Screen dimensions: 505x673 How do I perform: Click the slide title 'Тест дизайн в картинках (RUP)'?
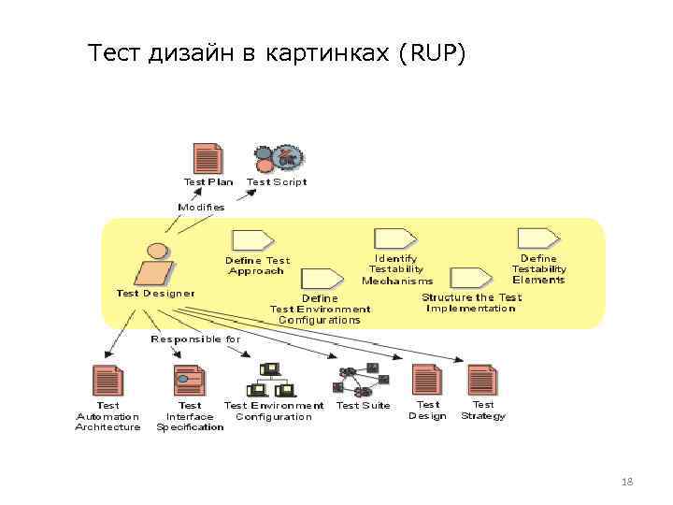pos(275,55)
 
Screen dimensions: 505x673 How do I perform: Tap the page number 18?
pos(626,482)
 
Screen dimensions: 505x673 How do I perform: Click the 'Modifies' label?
pos(201,207)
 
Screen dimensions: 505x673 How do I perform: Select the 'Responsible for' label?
pos(195,339)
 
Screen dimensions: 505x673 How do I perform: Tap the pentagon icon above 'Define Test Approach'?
pos(252,239)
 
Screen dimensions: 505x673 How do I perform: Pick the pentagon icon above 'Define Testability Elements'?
pos(538,238)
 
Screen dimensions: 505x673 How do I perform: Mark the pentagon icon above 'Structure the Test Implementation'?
pos(470,278)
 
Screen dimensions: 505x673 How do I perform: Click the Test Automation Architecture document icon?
pos(107,381)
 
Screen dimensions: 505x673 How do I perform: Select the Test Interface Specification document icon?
pos(189,381)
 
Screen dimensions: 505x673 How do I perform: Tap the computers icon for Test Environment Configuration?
pos(270,380)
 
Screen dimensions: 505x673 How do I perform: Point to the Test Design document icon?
pos(427,380)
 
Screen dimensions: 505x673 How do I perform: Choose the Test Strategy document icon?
pos(482,380)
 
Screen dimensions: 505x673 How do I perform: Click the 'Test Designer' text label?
pos(155,293)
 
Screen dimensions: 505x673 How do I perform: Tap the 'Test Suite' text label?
pos(363,406)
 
